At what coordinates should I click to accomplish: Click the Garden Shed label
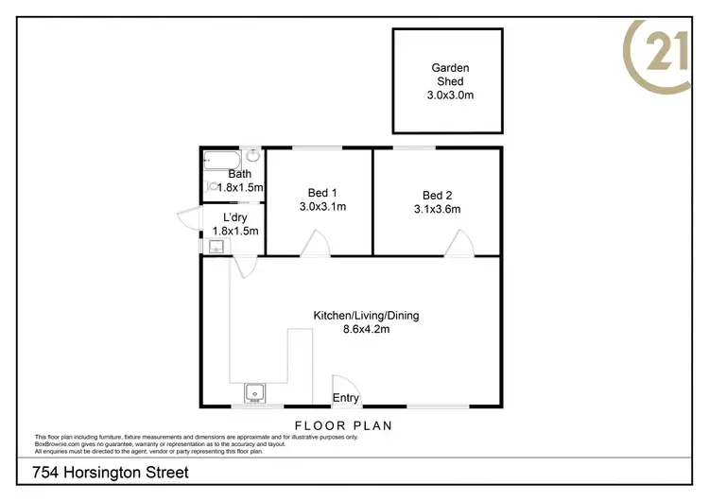pos(450,74)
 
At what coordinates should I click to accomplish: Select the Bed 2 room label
pos(436,196)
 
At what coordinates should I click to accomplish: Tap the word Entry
pos(345,398)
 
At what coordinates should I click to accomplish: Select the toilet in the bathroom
pos(212,187)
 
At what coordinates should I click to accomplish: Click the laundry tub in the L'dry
pos(216,248)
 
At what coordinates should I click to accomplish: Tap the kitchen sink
pos(253,391)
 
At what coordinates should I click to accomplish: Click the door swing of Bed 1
pos(315,246)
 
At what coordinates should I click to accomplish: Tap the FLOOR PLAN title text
pos(343,425)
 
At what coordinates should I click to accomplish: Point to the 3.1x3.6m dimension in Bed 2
pos(436,210)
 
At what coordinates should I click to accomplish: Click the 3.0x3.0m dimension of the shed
pos(450,95)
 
